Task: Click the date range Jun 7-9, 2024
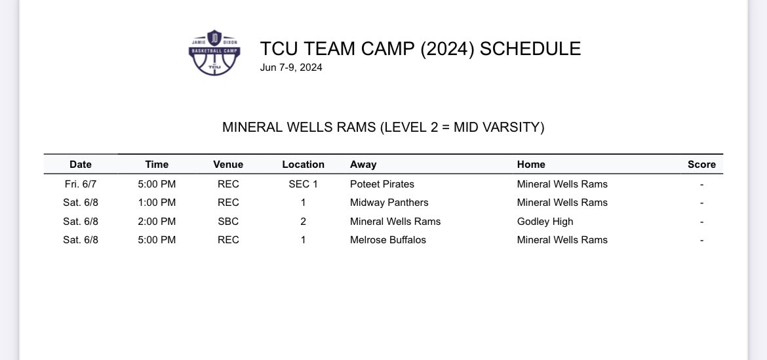[x=291, y=67]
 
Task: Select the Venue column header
[x=228, y=165]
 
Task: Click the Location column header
[x=303, y=165]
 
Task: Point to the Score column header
[x=701, y=165]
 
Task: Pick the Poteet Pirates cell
[x=382, y=184]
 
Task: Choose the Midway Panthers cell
[x=389, y=203]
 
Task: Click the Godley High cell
[x=545, y=222]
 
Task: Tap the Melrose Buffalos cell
[x=388, y=240]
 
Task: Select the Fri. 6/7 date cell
[x=81, y=184]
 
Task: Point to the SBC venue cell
[x=228, y=222]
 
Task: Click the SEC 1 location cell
[x=303, y=184]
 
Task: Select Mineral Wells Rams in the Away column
[x=395, y=222]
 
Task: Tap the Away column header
[x=363, y=165]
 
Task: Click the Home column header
[x=531, y=165]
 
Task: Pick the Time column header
[x=157, y=165]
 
